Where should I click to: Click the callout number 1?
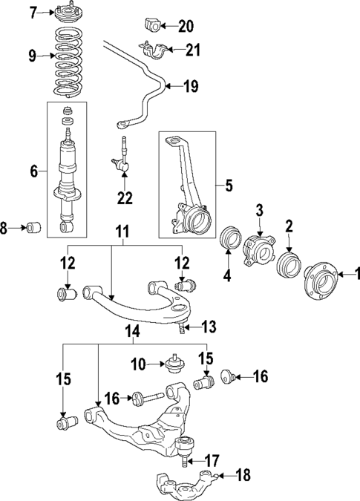pyautogui.click(x=354, y=275)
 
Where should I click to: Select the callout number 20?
pyautogui.click(x=185, y=27)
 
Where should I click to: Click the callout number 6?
pyautogui.click(x=33, y=171)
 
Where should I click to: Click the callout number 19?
pyautogui.click(x=191, y=86)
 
